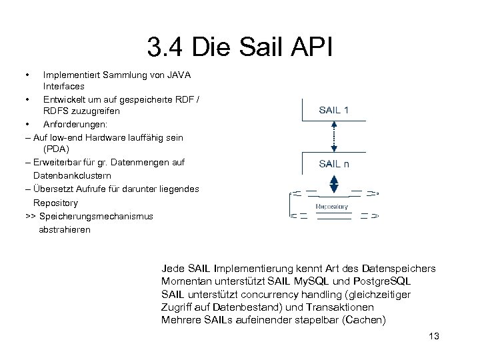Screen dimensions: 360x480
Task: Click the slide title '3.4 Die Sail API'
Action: point(239,47)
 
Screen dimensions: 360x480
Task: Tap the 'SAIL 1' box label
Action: point(333,110)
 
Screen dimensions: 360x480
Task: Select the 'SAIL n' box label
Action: point(333,163)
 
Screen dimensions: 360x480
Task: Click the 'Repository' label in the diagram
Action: point(331,207)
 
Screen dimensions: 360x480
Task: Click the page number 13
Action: point(434,336)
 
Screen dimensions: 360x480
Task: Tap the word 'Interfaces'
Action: point(64,87)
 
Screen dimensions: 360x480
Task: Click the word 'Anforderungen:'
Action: point(75,125)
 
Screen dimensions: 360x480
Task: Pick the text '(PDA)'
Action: point(56,150)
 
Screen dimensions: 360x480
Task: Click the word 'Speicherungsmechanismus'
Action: point(96,216)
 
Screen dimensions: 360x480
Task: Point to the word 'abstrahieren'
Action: point(65,229)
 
